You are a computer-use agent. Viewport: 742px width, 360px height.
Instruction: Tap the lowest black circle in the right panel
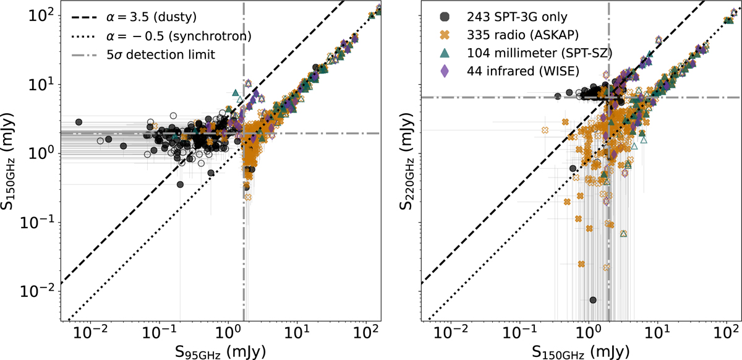pos(593,300)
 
